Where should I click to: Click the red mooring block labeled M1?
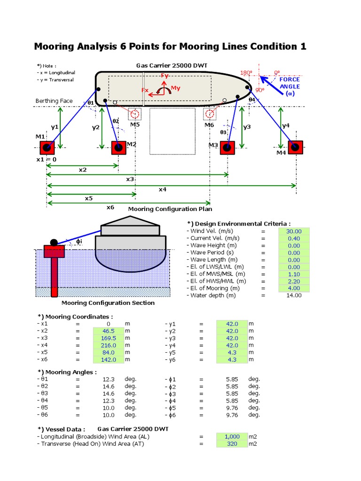(x=47, y=147)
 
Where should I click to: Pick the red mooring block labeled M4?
(x=295, y=147)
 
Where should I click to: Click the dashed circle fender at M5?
(x=135, y=114)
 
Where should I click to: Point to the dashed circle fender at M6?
(x=210, y=114)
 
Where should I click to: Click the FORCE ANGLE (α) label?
(x=290, y=86)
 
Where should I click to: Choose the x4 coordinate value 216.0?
(x=109, y=345)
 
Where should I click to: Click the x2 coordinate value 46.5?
(x=109, y=331)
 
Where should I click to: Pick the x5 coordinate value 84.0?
(x=109, y=352)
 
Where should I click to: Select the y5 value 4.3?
(x=232, y=352)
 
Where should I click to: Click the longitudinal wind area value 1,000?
(x=232, y=437)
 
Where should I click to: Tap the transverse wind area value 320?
(x=232, y=444)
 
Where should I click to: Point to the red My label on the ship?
(x=175, y=88)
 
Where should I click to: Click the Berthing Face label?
(x=54, y=101)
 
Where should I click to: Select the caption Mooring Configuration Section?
(x=108, y=303)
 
